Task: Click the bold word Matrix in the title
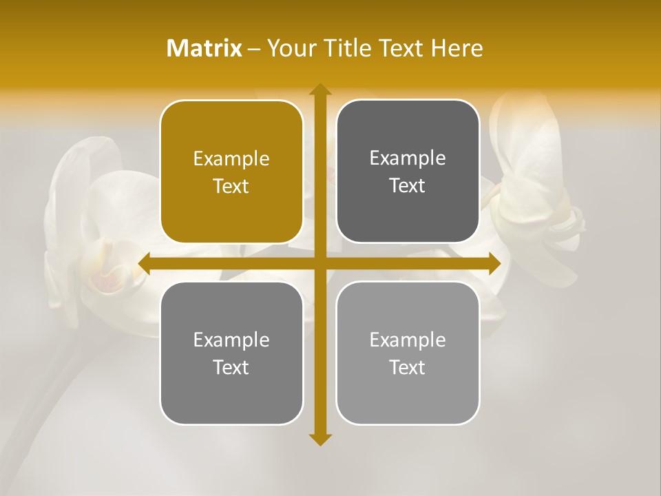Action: click(204, 48)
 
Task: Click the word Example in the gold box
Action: click(231, 159)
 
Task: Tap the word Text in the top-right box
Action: click(408, 185)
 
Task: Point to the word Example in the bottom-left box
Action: click(231, 340)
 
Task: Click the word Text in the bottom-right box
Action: click(408, 367)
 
